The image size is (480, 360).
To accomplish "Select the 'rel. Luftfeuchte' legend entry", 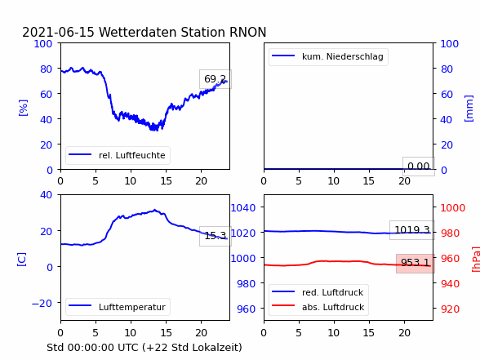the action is click(x=118, y=155).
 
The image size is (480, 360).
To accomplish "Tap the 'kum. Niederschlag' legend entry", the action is click(x=328, y=56).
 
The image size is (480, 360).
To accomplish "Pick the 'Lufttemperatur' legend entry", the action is click(x=118, y=307).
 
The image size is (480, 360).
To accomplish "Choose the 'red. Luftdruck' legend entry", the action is click(x=318, y=292).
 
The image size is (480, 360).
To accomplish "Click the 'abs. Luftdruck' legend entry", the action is click(x=318, y=307).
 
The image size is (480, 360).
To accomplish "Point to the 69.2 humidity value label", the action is click(x=216, y=79).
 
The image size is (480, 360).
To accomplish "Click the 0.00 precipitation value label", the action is click(x=419, y=167).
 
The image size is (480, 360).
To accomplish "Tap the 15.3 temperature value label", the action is click(x=216, y=236).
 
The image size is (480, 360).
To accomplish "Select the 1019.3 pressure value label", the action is click(x=412, y=230).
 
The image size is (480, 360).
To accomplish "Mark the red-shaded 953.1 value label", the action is click(x=416, y=263).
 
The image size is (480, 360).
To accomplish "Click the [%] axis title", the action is click(x=23, y=108).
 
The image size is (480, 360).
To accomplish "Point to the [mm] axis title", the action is click(x=469, y=108).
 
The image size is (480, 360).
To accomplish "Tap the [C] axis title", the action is click(x=21, y=260).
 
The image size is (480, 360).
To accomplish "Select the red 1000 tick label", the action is click(x=453, y=207).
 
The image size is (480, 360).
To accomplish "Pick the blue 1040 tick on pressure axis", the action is click(x=243, y=207).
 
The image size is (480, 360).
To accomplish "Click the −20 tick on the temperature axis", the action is click(x=42, y=303).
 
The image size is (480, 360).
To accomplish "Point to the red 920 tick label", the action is click(x=450, y=309).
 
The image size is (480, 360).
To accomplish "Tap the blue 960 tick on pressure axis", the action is click(x=247, y=309).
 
